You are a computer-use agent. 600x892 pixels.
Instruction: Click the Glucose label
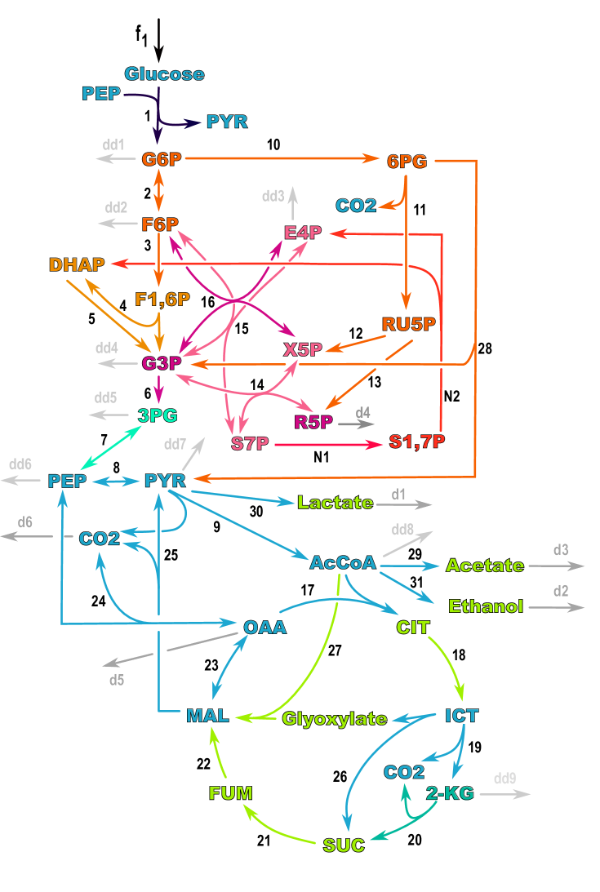click(x=164, y=74)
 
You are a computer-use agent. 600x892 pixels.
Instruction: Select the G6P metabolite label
click(x=161, y=159)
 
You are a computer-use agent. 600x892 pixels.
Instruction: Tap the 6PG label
click(x=407, y=162)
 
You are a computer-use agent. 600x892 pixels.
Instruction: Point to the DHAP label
click(x=77, y=264)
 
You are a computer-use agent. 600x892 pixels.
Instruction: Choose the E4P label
click(x=303, y=233)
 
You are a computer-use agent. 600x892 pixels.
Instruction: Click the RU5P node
click(x=409, y=325)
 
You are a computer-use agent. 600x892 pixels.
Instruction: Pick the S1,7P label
click(x=416, y=442)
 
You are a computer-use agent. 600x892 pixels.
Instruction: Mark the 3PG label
click(x=158, y=415)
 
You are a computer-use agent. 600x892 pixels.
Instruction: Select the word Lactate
click(x=335, y=503)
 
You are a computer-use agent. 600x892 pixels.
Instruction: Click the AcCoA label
click(x=343, y=562)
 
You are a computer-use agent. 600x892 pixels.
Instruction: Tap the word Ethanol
click(x=486, y=606)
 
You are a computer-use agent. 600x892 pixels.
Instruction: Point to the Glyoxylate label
click(x=335, y=719)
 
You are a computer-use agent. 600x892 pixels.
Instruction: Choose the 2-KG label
click(x=450, y=793)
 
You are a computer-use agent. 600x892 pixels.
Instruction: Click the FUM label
click(x=230, y=793)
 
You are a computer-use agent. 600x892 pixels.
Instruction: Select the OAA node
click(x=264, y=627)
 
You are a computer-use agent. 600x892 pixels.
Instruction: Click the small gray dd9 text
click(x=504, y=779)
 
